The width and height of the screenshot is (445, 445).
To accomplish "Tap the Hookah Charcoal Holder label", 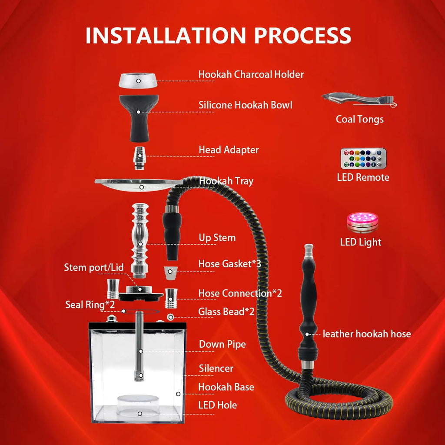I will tap(251, 74).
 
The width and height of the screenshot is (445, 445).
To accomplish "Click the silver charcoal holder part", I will tap(139, 80).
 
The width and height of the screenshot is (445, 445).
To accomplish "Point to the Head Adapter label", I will tap(229, 150).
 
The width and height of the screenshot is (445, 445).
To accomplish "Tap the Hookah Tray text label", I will tap(226, 181).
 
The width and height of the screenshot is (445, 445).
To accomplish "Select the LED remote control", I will tap(363, 159).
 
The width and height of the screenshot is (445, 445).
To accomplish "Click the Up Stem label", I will tap(217, 238).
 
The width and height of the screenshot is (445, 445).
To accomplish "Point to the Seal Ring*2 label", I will tap(90, 304).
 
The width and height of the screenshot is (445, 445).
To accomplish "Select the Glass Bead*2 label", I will tap(226, 311).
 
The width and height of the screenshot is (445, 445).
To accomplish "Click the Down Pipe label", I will tap(222, 344).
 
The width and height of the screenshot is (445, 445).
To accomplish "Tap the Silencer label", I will tap(216, 369).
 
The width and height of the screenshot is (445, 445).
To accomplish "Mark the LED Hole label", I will tap(217, 405).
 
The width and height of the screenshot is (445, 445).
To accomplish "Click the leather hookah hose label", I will tap(366, 334).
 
